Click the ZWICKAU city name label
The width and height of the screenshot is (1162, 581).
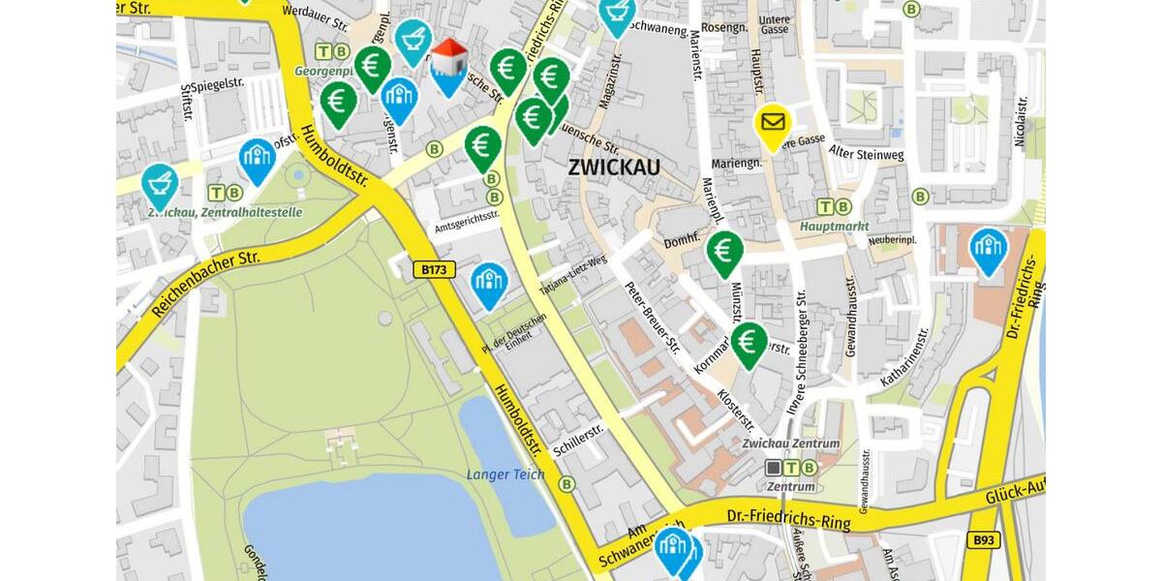tap(614, 168)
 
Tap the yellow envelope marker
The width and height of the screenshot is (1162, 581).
tap(772, 124)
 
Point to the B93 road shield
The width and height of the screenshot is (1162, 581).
tap(983, 539)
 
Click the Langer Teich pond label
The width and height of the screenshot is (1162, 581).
tap(505, 474)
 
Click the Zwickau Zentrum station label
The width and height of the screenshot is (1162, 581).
tap(790, 443)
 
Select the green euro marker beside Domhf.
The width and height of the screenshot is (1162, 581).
tap(724, 251)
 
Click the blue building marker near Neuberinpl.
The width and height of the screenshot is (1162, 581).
tap(988, 248)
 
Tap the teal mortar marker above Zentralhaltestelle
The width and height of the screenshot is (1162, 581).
tap(160, 184)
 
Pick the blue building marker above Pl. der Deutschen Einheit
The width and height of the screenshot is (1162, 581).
tap(489, 282)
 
